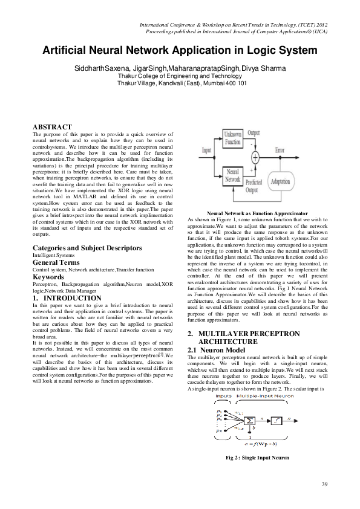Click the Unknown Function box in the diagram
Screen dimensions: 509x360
coord(232,137)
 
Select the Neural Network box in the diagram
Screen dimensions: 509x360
coord(233,176)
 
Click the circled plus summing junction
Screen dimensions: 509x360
coord(255,157)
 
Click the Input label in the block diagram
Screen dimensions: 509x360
coord(207,149)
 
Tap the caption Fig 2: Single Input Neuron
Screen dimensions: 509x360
coord(257,458)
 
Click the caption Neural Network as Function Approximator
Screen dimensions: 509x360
coord(257,213)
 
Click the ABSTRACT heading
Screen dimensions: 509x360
coord(52,126)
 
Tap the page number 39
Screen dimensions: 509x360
coord(324,485)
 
